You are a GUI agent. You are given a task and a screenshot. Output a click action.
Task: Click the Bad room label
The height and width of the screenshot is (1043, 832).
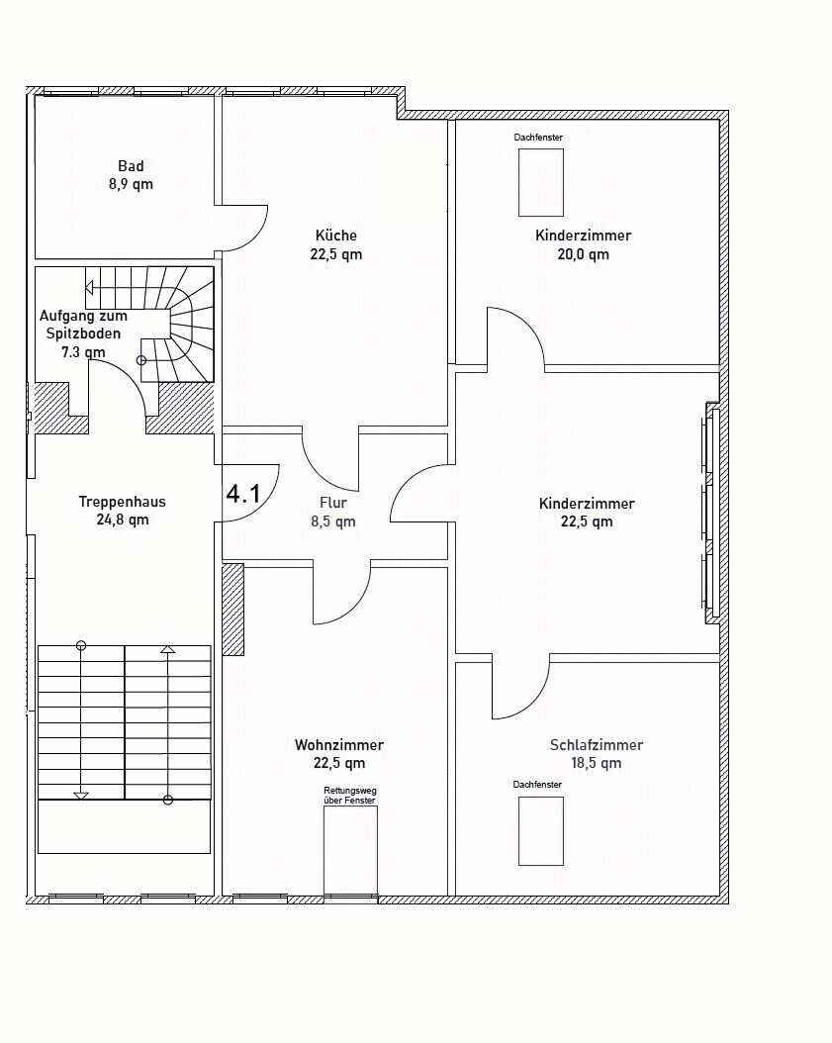(x=131, y=166)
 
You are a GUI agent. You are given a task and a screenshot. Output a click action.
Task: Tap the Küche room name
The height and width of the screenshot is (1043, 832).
(x=335, y=236)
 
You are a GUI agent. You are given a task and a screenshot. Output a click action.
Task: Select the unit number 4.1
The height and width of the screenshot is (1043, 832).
(x=243, y=494)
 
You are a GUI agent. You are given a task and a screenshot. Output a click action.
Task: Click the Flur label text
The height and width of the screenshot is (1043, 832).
(x=333, y=503)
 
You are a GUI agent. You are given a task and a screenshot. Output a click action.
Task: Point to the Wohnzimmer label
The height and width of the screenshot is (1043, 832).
(x=339, y=745)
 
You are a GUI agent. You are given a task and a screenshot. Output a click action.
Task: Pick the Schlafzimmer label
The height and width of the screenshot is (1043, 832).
(x=597, y=745)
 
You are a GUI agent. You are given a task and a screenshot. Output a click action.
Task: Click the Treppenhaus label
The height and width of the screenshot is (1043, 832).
(x=123, y=502)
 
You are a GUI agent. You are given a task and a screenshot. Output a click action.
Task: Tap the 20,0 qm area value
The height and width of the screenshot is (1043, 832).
(x=584, y=254)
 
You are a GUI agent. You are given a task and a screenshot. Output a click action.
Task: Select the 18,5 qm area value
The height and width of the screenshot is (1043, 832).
(x=597, y=763)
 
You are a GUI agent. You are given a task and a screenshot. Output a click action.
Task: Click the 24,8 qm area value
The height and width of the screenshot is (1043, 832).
(x=123, y=520)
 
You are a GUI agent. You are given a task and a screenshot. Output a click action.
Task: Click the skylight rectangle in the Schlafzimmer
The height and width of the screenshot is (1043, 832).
(x=541, y=831)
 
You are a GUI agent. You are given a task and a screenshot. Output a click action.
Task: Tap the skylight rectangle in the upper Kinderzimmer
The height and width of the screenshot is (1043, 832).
(x=541, y=182)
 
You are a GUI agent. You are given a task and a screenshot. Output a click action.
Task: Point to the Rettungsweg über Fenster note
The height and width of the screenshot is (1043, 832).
(x=350, y=796)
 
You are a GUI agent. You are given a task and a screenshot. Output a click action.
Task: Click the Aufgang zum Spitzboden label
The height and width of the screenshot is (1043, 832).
(x=83, y=325)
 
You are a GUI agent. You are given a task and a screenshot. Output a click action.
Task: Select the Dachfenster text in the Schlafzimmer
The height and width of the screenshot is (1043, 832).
(x=537, y=785)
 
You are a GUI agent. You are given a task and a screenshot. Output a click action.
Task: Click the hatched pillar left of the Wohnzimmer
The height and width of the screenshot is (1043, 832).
(x=232, y=610)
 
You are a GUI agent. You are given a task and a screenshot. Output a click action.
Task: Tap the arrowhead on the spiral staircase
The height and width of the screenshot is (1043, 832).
(x=89, y=288)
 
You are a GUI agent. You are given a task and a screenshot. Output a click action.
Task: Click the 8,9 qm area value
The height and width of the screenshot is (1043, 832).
(x=131, y=184)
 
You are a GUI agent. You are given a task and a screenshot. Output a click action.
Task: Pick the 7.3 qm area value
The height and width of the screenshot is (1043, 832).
(x=83, y=352)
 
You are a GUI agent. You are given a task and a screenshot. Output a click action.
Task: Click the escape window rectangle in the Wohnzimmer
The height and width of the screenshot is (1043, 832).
(x=350, y=851)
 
